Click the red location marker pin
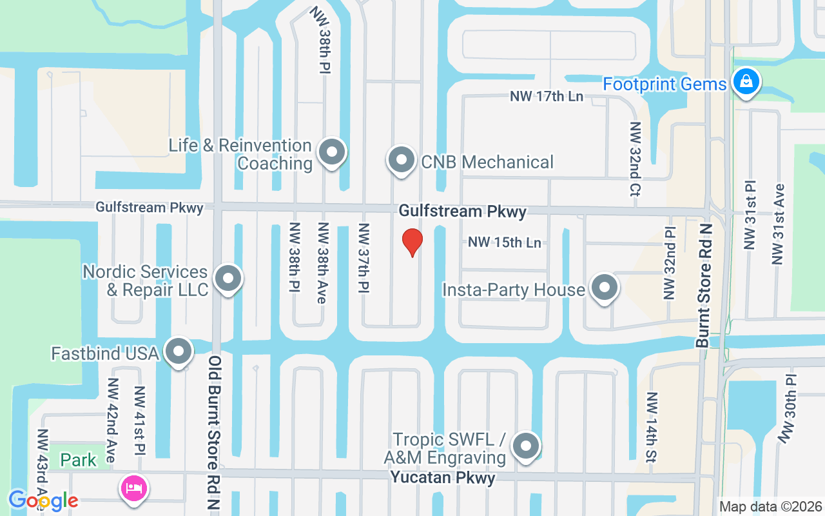point(412,242)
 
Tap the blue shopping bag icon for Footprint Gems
point(746,82)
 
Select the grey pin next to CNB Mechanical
point(402,159)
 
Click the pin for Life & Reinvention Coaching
point(332,153)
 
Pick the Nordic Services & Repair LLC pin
point(227,279)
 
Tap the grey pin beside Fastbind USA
point(179,352)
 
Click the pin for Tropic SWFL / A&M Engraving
point(526,446)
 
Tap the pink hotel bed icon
point(134,487)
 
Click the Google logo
point(43,500)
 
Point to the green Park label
point(79,460)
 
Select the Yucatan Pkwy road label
point(443,478)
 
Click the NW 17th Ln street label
point(547,97)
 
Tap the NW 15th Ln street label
point(505,243)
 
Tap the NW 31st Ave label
point(778,224)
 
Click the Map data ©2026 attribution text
point(770,506)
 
